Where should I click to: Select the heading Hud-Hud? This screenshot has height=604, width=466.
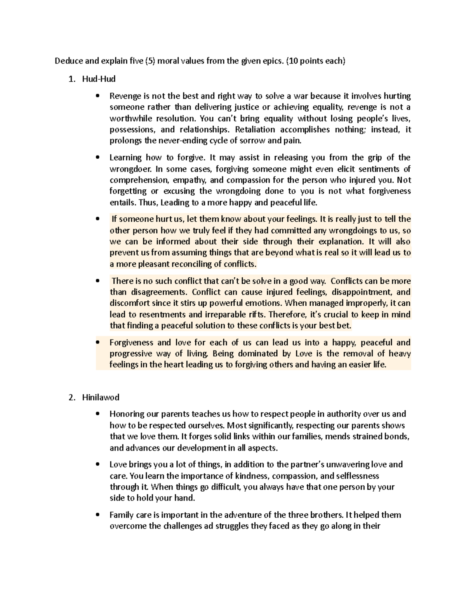click(99, 79)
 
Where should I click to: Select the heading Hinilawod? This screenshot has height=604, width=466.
click(101, 397)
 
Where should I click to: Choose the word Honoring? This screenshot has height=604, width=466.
click(125, 414)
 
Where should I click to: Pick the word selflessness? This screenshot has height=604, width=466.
click(354, 476)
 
